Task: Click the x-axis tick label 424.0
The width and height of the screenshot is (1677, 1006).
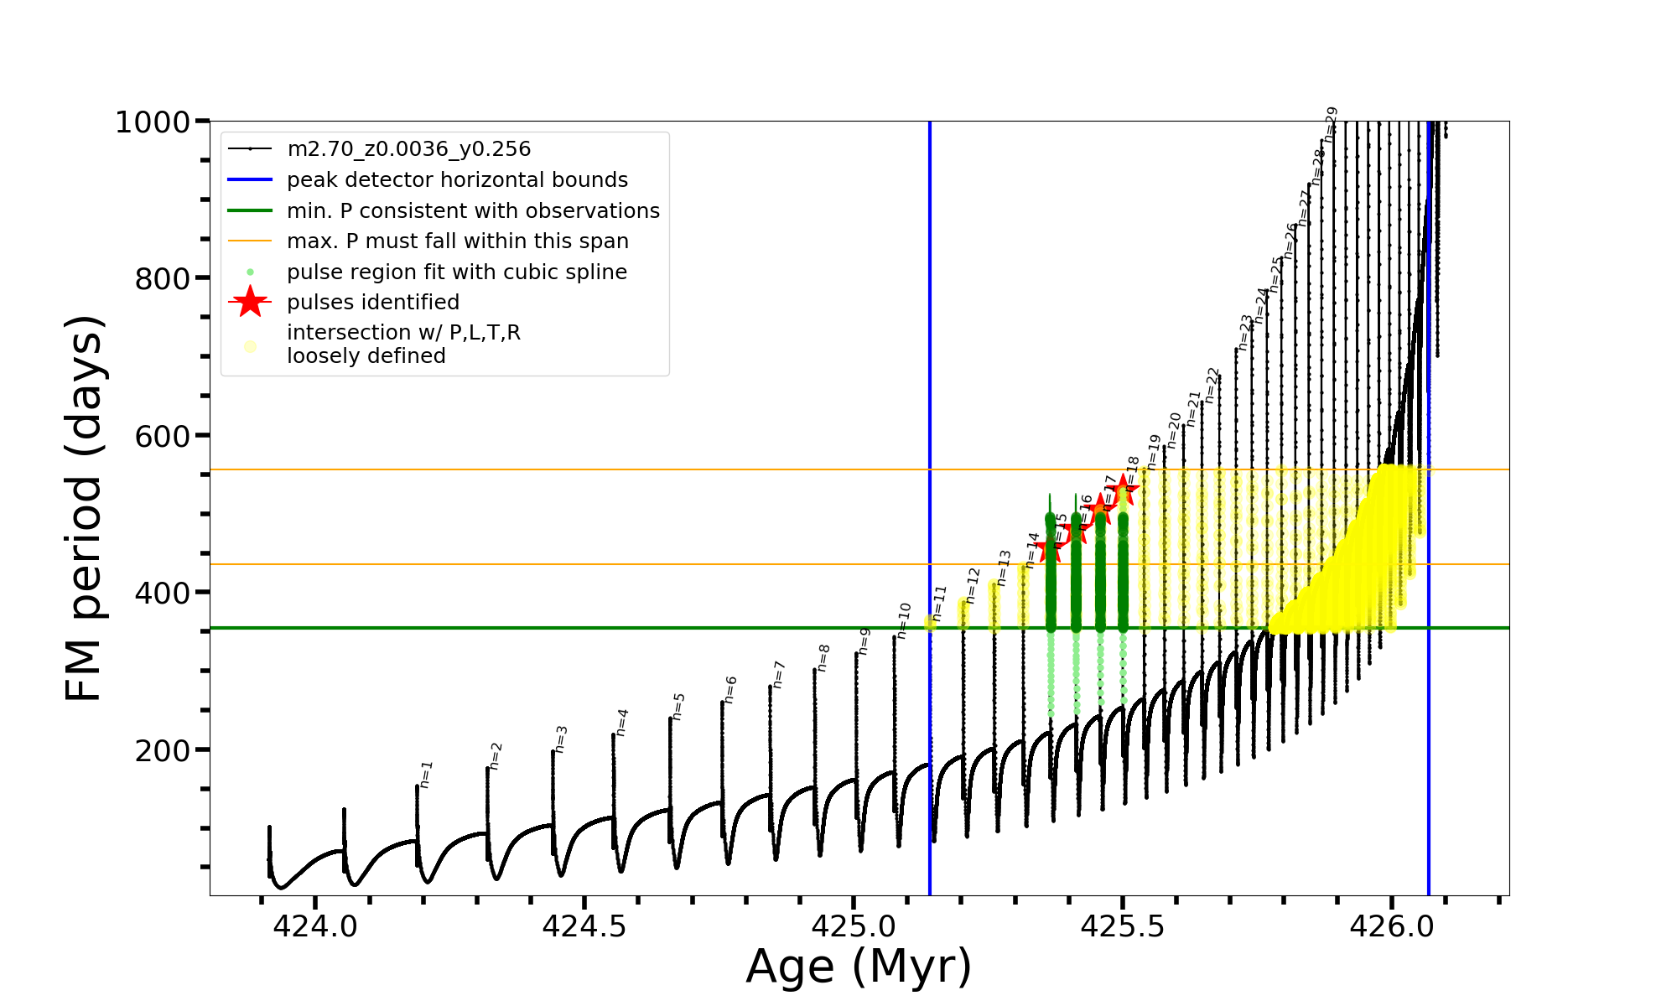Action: pyautogui.click(x=315, y=926)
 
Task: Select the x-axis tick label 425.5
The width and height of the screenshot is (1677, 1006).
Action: pyautogui.click(x=1123, y=926)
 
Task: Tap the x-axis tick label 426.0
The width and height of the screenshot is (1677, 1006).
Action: pyautogui.click(x=1392, y=926)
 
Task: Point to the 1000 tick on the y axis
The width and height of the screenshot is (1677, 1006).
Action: pyautogui.click(x=153, y=122)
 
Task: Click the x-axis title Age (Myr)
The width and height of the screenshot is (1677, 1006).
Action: pyautogui.click(x=859, y=967)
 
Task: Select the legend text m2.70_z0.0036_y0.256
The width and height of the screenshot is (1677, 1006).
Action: pyautogui.click(x=408, y=149)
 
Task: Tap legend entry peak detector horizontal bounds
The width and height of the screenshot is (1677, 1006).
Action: pyautogui.click(x=457, y=180)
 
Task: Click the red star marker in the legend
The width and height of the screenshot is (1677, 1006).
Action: pyautogui.click(x=250, y=302)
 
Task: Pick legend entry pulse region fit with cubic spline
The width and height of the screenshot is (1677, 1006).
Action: pyautogui.click(x=456, y=272)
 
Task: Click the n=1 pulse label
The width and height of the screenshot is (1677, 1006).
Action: pyautogui.click(x=426, y=775)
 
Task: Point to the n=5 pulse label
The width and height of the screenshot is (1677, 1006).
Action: pyautogui.click(x=678, y=706)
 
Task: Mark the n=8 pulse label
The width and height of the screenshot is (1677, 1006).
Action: pyautogui.click(x=823, y=657)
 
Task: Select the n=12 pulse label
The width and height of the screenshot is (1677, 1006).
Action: pyautogui.click(x=972, y=585)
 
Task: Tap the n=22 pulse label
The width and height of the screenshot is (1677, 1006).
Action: pyautogui.click(x=1212, y=385)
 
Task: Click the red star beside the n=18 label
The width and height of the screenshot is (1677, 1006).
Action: pyautogui.click(x=1124, y=490)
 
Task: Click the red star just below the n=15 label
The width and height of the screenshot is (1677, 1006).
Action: pyautogui.click(x=1050, y=549)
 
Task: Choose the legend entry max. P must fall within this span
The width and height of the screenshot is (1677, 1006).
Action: pyautogui.click(x=457, y=241)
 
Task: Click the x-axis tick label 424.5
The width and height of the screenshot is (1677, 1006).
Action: pyautogui.click(x=584, y=926)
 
